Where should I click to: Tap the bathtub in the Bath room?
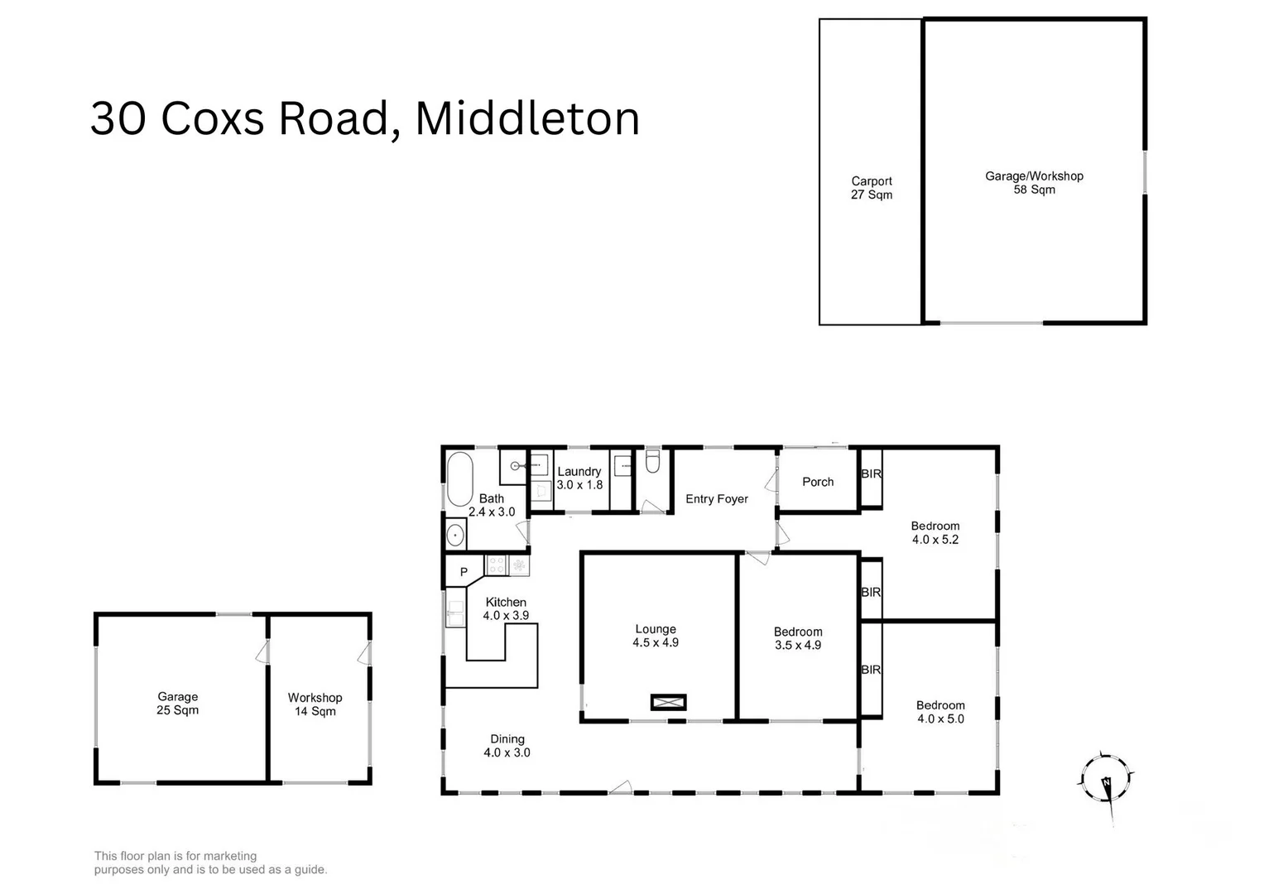[459, 479]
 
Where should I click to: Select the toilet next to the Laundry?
[652, 461]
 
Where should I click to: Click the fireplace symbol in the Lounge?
[668, 702]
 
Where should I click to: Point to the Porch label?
[818, 482]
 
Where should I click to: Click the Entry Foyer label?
[717, 499]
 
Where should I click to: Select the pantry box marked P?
[464, 571]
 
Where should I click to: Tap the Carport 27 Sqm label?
[872, 188]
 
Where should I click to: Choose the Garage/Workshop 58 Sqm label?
[1034, 183]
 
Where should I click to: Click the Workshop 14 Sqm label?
[315, 704]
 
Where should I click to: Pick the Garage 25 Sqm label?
[178, 704]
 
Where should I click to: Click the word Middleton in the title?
[527, 118]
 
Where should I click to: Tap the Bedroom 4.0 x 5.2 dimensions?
[935, 540]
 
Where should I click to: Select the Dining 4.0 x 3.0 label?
[507, 746]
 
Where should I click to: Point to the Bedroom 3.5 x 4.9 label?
[798, 638]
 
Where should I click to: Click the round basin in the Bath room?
[455, 536]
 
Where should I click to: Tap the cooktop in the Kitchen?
[497, 565]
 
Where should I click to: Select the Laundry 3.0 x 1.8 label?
[579, 478]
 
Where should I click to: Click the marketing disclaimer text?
[210, 863]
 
